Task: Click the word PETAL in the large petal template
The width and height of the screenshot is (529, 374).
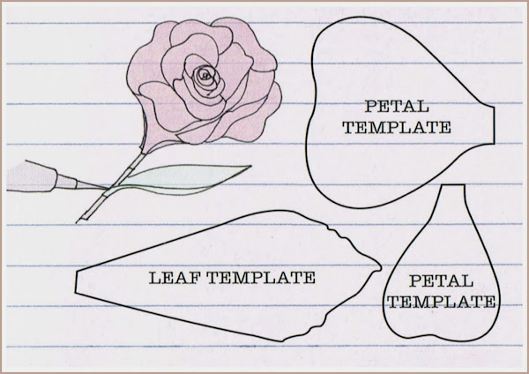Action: pyautogui.click(x=396, y=108)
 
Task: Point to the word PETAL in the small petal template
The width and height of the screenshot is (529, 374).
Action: pyautogui.click(x=440, y=284)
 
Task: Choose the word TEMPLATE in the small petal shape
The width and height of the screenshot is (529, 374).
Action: pyautogui.click(x=440, y=303)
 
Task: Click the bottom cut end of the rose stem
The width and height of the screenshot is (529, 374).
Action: pyautogui.click(x=82, y=217)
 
